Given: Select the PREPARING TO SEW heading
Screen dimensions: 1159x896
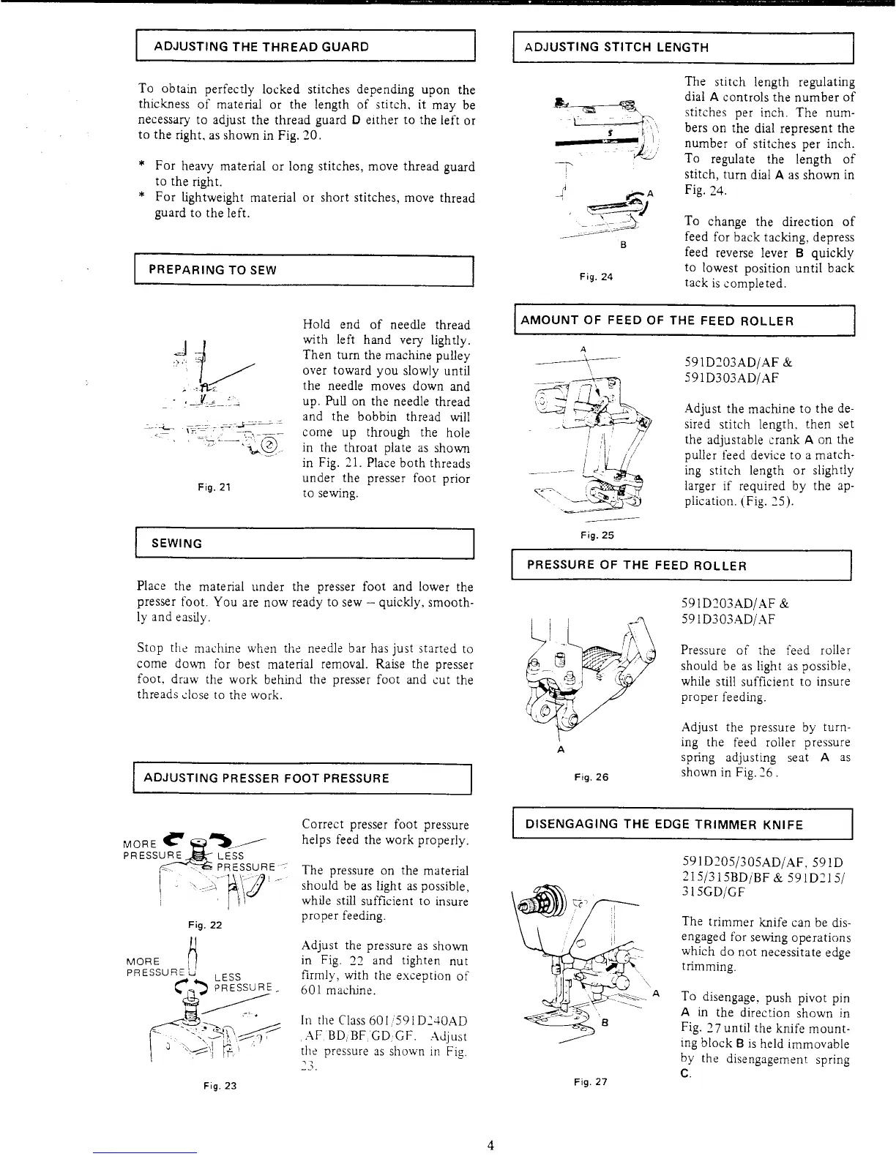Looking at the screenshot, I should point(212,269).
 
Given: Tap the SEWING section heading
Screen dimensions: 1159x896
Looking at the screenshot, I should point(176,544).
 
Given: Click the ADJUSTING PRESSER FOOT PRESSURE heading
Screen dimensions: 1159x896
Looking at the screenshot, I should point(266,778).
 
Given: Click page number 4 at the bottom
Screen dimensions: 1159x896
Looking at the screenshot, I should point(491,1145).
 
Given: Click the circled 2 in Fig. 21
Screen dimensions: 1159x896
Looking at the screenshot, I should point(270,446).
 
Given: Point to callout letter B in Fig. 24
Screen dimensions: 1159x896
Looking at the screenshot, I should point(621,245).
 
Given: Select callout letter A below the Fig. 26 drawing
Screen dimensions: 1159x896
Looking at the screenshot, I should point(560,750).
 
